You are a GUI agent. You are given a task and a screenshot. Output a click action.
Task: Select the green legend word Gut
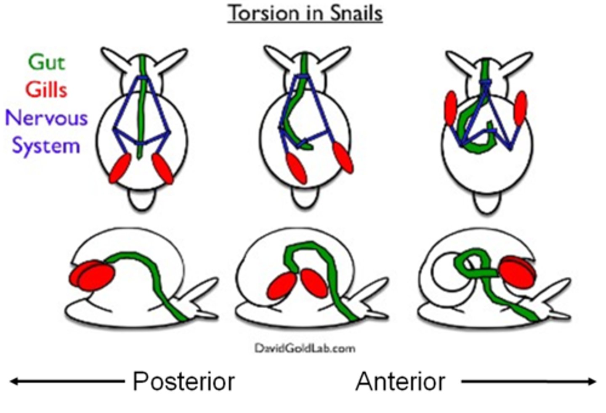click(x=46, y=63)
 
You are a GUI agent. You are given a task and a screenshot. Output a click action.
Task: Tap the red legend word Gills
click(x=46, y=90)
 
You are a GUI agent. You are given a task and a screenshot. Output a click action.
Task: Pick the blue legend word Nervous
click(x=46, y=118)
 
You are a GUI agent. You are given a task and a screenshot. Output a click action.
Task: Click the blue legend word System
click(x=46, y=146)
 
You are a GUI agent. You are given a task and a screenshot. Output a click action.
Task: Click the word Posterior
click(x=183, y=381)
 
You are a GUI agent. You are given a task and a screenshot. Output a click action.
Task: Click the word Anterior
click(x=400, y=381)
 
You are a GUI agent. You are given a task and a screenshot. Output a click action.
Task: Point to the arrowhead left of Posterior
click(x=14, y=381)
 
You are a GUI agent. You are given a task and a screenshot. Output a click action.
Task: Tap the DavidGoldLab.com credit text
click(x=305, y=348)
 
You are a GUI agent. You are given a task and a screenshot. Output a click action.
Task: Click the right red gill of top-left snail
click(x=162, y=168)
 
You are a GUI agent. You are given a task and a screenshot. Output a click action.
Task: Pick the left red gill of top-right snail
click(x=451, y=109)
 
